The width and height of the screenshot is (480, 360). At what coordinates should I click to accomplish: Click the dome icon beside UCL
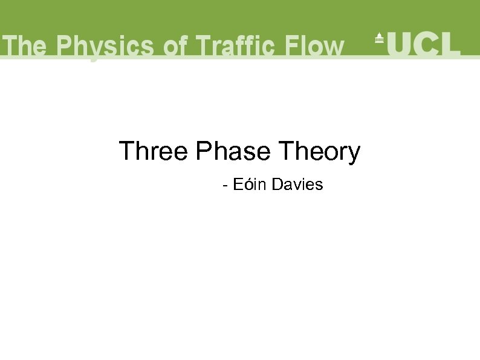380,38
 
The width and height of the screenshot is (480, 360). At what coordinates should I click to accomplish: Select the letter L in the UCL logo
450,44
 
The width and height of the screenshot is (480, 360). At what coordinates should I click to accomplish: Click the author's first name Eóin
249,185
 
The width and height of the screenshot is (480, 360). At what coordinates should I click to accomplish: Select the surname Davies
297,185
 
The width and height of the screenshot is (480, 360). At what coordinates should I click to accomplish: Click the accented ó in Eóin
246,185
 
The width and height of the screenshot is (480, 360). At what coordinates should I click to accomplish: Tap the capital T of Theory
284,151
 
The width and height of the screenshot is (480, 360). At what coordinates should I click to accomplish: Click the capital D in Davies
277,185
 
